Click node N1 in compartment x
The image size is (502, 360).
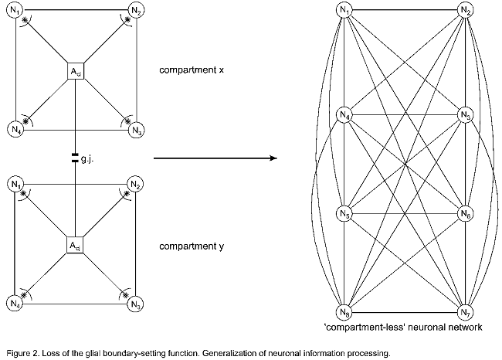point(15,13)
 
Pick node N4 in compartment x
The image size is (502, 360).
point(15,128)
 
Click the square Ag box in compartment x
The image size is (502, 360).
point(76,72)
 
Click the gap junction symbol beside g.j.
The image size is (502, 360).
point(76,158)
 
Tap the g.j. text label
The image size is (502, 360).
point(87,159)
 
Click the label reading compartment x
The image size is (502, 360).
point(192,70)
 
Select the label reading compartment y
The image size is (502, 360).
point(192,247)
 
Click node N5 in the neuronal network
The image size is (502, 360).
point(345,214)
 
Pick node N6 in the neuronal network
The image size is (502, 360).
point(465,214)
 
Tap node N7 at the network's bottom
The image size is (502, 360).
point(465,311)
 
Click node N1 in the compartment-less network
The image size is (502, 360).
point(345,10)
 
